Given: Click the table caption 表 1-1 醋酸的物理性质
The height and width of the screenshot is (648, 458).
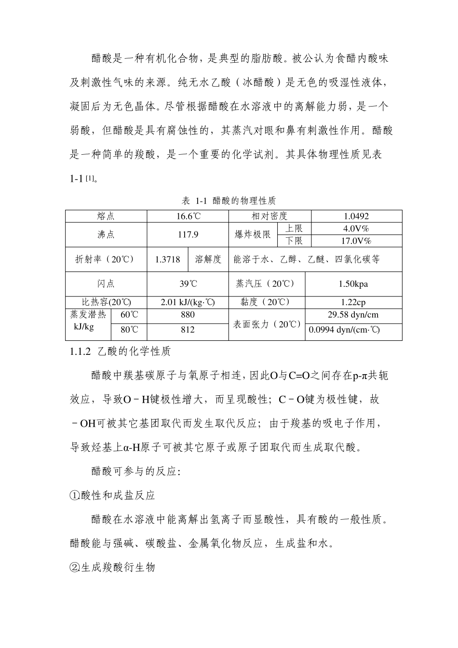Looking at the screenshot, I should (x=229, y=200).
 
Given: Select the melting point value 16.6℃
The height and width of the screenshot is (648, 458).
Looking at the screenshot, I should (x=188, y=216).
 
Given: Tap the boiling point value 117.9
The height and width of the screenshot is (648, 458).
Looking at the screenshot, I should (x=188, y=235).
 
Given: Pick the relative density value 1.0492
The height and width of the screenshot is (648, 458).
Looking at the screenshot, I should (x=356, y=216).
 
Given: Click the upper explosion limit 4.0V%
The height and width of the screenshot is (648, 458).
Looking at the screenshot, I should (x=356, y=229).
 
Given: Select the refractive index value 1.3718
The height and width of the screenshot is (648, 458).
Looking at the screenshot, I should (x=168, y=259).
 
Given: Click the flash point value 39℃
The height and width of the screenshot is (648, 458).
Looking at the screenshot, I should (x=188, y=284).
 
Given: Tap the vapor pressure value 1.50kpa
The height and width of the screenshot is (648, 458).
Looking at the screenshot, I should (x=353, y=284).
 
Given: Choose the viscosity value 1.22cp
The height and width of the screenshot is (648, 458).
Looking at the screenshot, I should (x=353, y=302).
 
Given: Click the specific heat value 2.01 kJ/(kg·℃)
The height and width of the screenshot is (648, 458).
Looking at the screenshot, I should (x=188, y=302).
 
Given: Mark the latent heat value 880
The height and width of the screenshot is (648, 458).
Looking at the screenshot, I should (x=188, y=315).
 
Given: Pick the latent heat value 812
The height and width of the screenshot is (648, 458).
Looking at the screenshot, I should (x=188, y=330).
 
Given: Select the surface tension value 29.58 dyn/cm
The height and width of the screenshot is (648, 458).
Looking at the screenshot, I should (x=353, y=315).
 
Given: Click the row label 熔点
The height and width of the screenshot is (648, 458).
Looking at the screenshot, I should (x=106, y=216).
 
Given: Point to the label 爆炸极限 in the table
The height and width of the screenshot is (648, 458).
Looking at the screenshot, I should (x=253, y=235).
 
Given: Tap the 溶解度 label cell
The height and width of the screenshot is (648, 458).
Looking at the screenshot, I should (x=208, y=259).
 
